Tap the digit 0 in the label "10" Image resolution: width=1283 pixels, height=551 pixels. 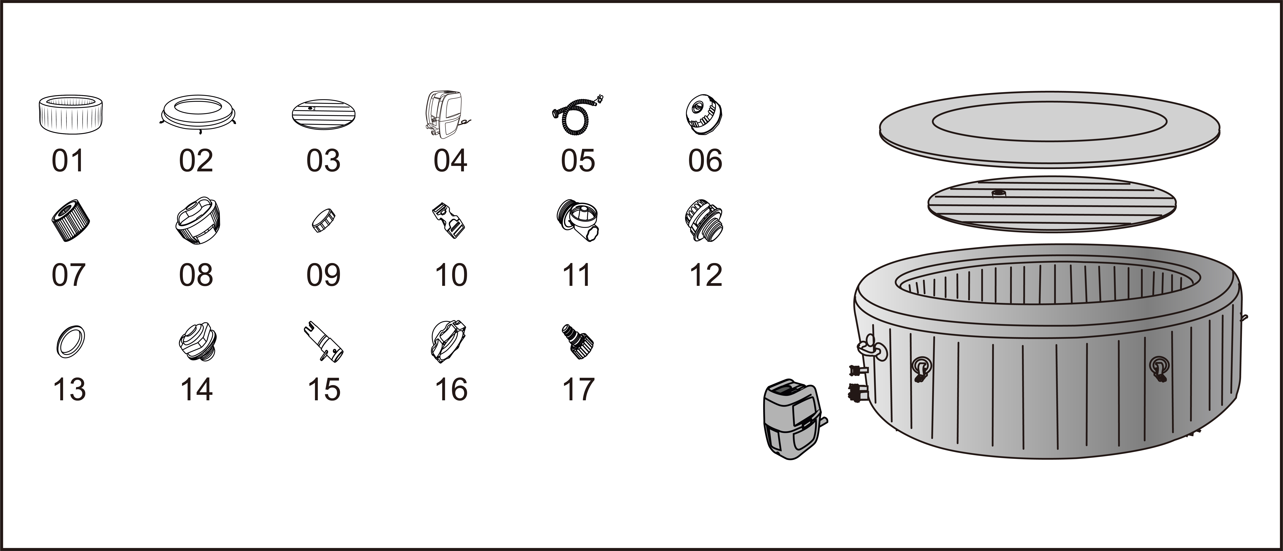coord(459,275)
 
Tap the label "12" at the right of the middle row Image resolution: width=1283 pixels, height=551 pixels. coord(706,275)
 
